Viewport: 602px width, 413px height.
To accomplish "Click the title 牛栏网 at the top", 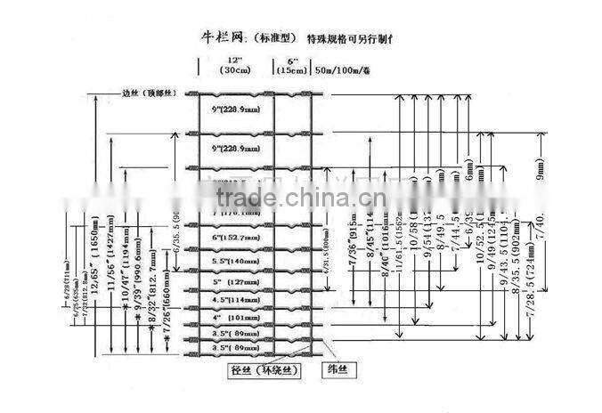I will pos(222,39).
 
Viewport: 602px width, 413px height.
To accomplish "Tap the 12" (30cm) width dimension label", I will pos(233,67).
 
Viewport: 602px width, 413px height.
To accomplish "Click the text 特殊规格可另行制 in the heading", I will pos(348,39).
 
